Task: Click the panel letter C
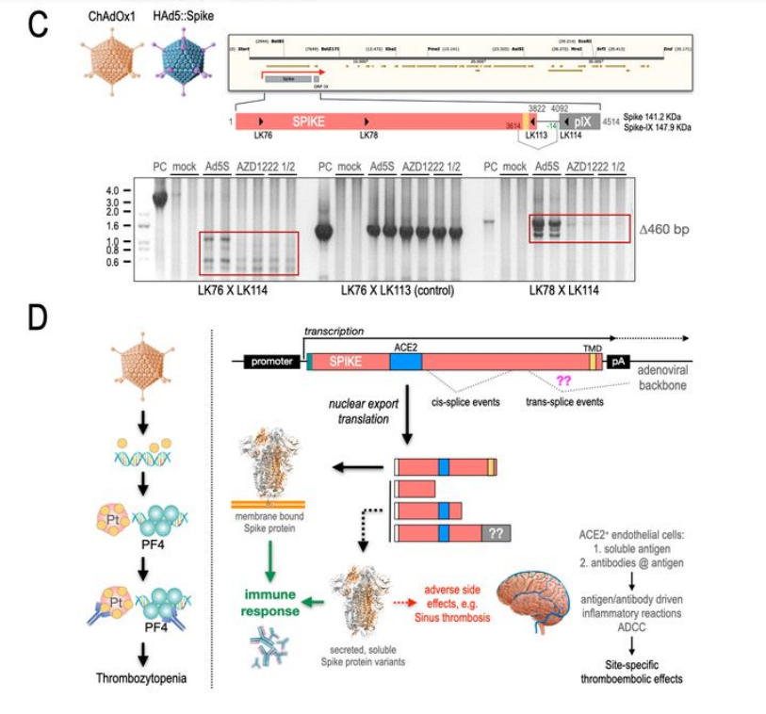37,24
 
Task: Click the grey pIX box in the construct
580,122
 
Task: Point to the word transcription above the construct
334,333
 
